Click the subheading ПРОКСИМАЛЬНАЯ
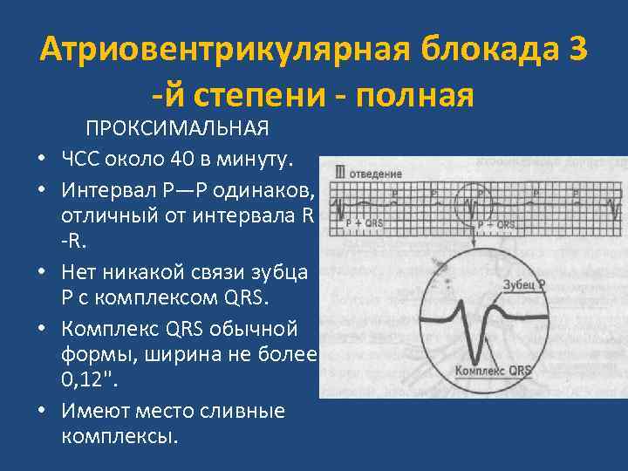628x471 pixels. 177,129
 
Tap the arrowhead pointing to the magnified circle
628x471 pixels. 473,247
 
